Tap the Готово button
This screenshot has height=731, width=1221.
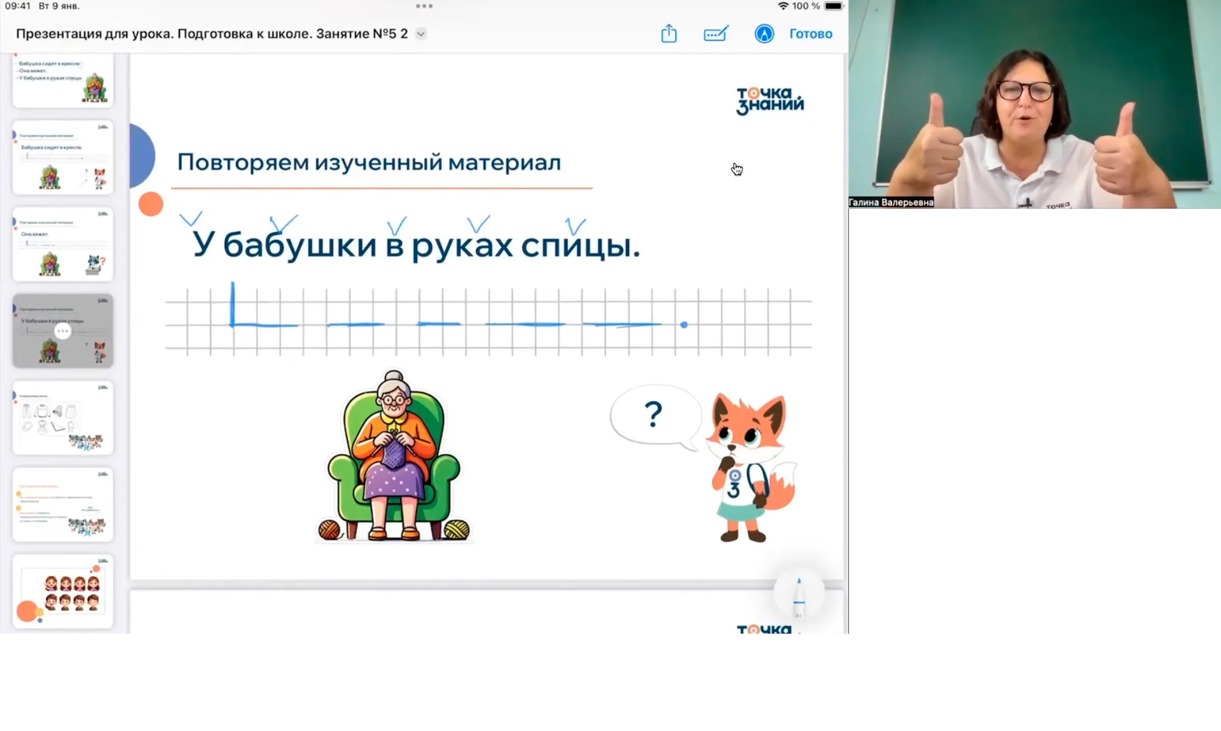[810, 34]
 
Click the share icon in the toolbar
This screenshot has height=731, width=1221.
[668, 33]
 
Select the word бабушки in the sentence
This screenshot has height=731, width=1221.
[300, 245]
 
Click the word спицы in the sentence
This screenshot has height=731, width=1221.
[580, 245]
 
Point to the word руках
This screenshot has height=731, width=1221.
[462, 246]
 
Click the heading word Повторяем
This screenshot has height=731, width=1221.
[242, 162]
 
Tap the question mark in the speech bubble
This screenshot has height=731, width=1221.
[653, 414]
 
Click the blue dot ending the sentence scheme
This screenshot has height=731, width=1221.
[684, 325]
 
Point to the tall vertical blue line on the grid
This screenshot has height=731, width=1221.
[233, 303]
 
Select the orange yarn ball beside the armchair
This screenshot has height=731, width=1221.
[329, 529]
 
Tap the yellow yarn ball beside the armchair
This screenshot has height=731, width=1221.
[457, 529]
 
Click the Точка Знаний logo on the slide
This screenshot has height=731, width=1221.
[769, 101]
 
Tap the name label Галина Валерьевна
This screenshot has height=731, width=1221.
[891, 202]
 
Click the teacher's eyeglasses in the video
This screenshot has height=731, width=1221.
[1024, 90]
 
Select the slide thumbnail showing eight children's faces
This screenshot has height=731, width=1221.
[63, 591]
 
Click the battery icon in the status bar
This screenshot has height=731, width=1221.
[833, 6]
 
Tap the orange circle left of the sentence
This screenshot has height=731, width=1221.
[151, 204]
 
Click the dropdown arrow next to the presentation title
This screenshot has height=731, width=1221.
[421, 34]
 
